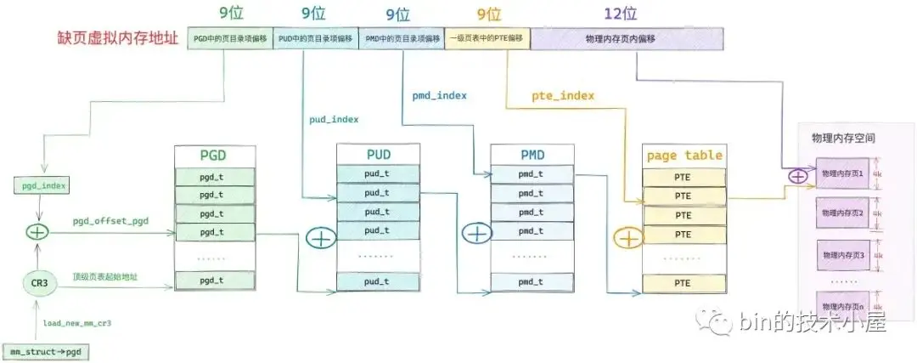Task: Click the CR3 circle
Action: click(x=36, y=281)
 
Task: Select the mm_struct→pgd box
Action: click(x=46, y=351)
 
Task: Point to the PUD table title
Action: click(x=379, y=156)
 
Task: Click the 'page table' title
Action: click(x=684, y=156)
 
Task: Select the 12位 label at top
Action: click(x=627, y=14)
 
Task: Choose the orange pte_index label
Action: click(x=563, y=96)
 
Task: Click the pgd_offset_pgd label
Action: click(x=110, y=221)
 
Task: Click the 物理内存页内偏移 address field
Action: click(x=627, y=38)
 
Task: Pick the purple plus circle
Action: click(x=798, y=177)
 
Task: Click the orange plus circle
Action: click(x=629, y=238)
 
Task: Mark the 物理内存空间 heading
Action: click(x=843, y=137)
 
